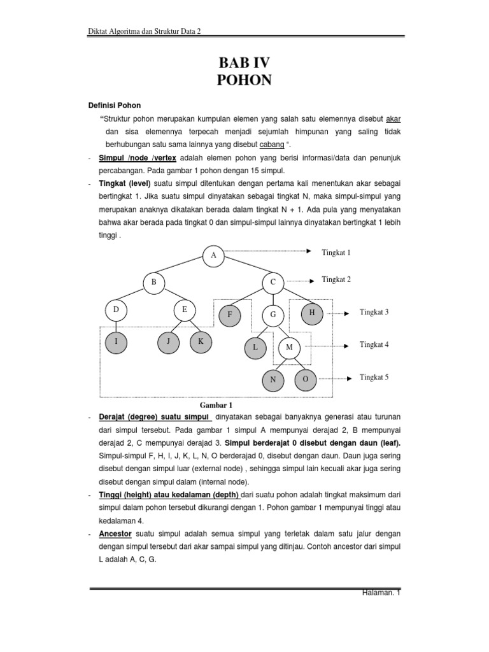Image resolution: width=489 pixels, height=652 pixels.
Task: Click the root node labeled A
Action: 214,255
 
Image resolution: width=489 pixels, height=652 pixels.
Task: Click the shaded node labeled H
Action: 312,313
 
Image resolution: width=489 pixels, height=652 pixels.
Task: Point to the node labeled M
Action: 289,347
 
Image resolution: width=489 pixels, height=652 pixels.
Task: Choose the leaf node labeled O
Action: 305,379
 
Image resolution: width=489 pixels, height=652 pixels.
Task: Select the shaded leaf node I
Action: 117,341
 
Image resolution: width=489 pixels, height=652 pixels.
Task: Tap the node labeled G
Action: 273,315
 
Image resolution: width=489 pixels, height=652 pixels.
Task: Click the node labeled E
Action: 185,310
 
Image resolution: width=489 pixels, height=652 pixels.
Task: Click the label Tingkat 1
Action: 336,253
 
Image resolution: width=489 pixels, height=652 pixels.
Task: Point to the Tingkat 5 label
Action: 374,377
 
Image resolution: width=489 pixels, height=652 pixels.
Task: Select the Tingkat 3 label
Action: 374,312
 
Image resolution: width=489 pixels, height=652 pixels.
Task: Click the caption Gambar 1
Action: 217,404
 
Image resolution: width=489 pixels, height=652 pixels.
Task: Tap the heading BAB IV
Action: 245,63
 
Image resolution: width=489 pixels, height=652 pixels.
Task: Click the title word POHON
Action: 245,80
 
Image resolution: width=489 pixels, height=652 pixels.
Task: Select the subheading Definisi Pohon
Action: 114,105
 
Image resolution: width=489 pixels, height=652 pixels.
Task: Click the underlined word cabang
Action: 271,144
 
